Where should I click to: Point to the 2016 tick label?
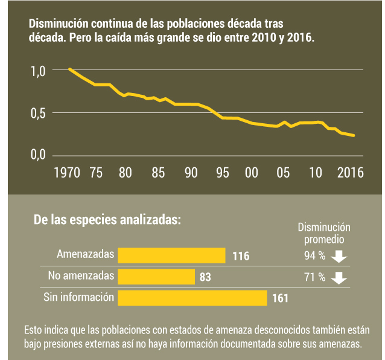[349, 172]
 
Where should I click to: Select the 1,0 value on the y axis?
[38, 71]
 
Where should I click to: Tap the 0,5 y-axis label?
[38, 113]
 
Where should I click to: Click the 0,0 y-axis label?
[38, 155]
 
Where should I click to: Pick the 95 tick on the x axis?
[222, 172]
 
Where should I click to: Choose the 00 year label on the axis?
[252, 172]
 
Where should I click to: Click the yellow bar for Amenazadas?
[171, 256]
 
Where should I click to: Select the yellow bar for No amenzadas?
[156, 277]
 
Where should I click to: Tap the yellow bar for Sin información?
[192, 298]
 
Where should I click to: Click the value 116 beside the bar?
[241, 256]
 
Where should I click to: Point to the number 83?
[206, 277]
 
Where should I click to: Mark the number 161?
[281, 298]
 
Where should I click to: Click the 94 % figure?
[314, 256]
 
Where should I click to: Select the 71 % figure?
[314, 277]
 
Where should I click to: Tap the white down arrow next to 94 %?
[339, 256]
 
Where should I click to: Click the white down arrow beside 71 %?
[339, 278]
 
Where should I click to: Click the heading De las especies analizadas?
[107, 220]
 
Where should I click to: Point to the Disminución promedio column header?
[324, 233]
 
